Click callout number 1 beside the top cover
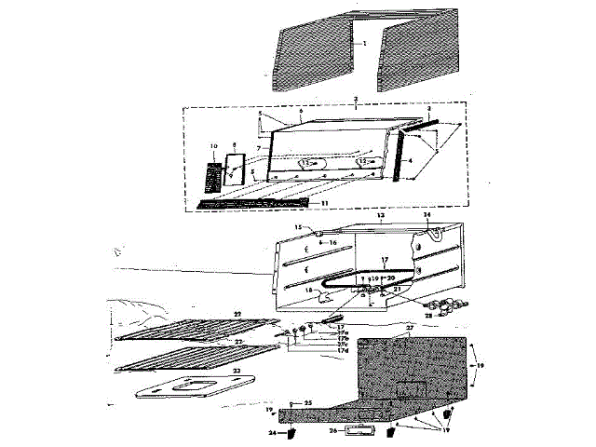(366, 44)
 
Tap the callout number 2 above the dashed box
(356, 98)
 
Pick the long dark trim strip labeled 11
(251, 201)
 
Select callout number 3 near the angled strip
(428, 110)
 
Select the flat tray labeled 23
(182, 389)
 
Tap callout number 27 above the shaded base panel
(407, 329)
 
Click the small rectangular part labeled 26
(355, 429)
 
